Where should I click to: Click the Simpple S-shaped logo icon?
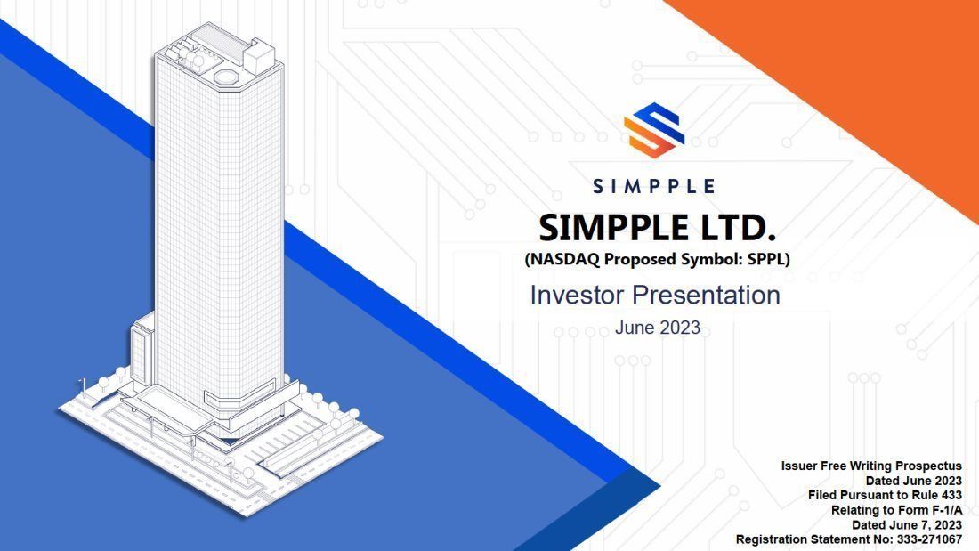(654, 130)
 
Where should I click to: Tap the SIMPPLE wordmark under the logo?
(654, 186)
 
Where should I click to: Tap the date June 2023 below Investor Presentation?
(657, 328)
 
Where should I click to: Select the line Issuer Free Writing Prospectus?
(871, 466)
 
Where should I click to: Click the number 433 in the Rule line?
(949, 495)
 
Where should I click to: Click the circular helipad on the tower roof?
(226, 77)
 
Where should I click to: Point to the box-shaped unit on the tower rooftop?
(261, 55)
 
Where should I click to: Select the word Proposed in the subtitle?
(643, 261)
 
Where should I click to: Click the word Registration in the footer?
(773, 539)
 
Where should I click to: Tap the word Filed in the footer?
(824, 495)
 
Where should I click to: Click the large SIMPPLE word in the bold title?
(601, 229)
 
